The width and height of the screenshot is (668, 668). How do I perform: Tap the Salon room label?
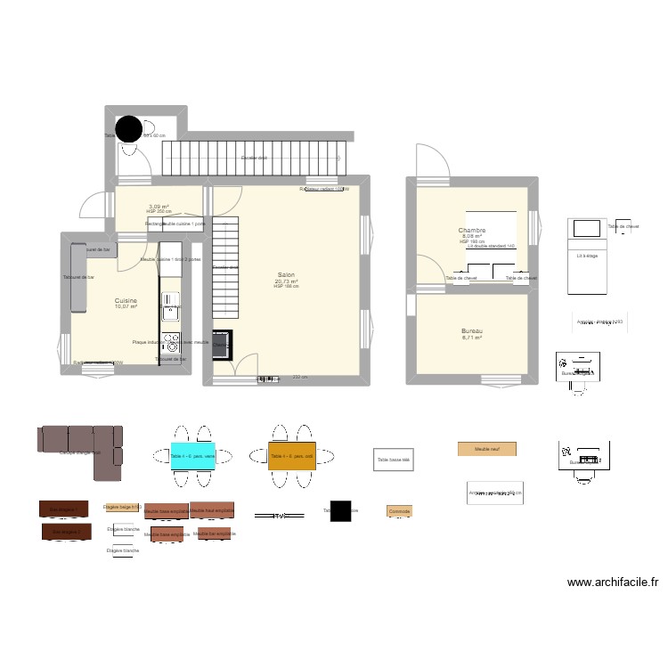[286, 275]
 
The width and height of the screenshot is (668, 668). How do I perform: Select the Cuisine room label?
[126, 301]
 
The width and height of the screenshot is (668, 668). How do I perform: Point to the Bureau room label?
[471, 330]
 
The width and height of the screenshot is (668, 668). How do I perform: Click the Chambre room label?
[471, 230]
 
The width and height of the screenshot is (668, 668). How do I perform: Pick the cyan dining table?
[192, 456]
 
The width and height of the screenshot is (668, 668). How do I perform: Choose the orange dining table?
[292, 456]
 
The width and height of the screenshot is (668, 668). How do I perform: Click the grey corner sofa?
[79, 441]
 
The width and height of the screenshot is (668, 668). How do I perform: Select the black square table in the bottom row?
[340, 511]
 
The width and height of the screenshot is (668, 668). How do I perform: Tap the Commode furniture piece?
[399, 511]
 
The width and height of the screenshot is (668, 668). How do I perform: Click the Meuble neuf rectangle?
[486, 450]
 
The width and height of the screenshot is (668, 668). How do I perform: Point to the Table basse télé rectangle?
[393, 460]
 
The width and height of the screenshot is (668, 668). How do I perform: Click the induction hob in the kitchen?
[169, 340]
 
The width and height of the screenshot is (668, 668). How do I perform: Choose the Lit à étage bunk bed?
[586, 256]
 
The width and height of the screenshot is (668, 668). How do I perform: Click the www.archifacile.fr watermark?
[613, 583]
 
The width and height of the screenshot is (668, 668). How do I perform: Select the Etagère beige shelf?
[123, 507]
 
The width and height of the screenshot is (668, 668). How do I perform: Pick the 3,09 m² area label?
[159, 207]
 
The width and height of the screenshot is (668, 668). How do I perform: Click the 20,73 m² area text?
[286, 281]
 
